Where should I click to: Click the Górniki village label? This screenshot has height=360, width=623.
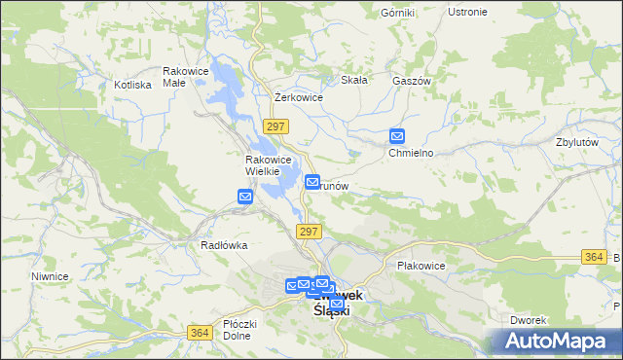[x=398, y=12]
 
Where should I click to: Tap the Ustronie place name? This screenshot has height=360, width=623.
[x=467, y=12]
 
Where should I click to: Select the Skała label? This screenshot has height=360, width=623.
[x=353, y=81]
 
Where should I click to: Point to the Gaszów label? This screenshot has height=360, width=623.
[x=412, y=82]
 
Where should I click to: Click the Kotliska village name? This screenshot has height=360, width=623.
[x=132, y=85]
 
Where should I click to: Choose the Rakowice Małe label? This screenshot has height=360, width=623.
[x=187, y=77]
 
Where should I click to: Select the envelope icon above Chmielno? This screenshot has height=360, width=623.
[x=397, y=137]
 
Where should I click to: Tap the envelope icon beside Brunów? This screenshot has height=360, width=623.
[x=312, y=182]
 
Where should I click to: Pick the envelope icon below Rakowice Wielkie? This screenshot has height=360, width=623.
[x=245, y=197]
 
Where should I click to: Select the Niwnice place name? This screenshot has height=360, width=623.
[x=49, y=276]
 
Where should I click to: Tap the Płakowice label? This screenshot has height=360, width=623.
[x=421, y=266]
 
